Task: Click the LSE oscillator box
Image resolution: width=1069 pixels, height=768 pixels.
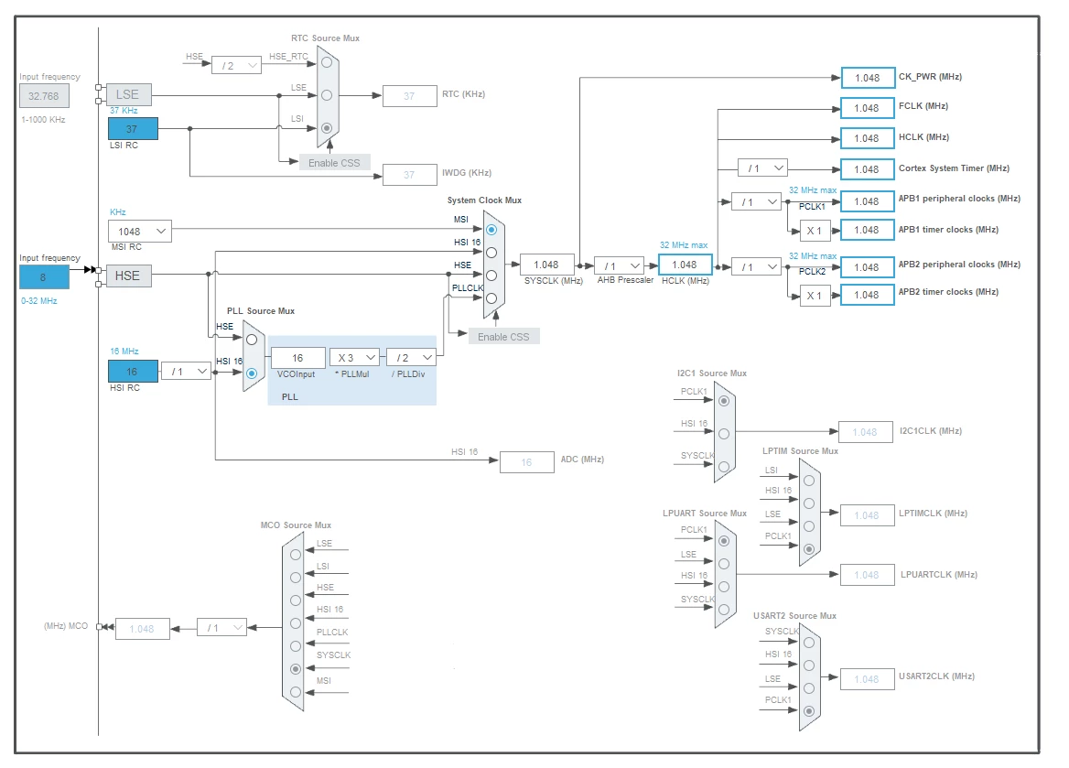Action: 129,95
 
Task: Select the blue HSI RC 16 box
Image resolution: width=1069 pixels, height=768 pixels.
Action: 133,371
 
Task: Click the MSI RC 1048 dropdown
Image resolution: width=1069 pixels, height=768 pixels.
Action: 140,232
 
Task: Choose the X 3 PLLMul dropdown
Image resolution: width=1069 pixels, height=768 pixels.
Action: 354,357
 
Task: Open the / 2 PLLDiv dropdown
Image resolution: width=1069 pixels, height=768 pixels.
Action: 411,357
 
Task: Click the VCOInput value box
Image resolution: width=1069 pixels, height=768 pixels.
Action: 298,357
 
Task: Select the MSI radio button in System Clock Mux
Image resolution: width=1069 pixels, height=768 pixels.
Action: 491,230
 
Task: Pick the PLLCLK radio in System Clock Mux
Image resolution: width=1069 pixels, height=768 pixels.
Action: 491,298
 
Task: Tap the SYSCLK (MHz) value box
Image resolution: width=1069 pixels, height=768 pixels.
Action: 546,265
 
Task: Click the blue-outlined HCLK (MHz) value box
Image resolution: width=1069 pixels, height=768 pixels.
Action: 686,265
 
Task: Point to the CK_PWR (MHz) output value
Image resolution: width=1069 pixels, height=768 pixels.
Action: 868,78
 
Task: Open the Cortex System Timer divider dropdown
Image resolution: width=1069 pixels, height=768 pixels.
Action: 763,168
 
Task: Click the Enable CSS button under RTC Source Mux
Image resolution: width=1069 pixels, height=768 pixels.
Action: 335,162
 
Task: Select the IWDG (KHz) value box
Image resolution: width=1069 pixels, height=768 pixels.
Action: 410,175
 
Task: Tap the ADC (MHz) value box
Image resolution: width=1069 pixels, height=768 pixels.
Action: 527,461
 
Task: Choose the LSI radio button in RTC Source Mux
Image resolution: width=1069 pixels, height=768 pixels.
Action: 328,127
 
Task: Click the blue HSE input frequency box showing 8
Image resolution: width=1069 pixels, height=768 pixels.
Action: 44,277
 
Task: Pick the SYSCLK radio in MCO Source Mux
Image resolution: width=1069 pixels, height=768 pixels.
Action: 296,669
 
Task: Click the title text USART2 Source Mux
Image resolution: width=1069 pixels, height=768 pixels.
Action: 794,615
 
